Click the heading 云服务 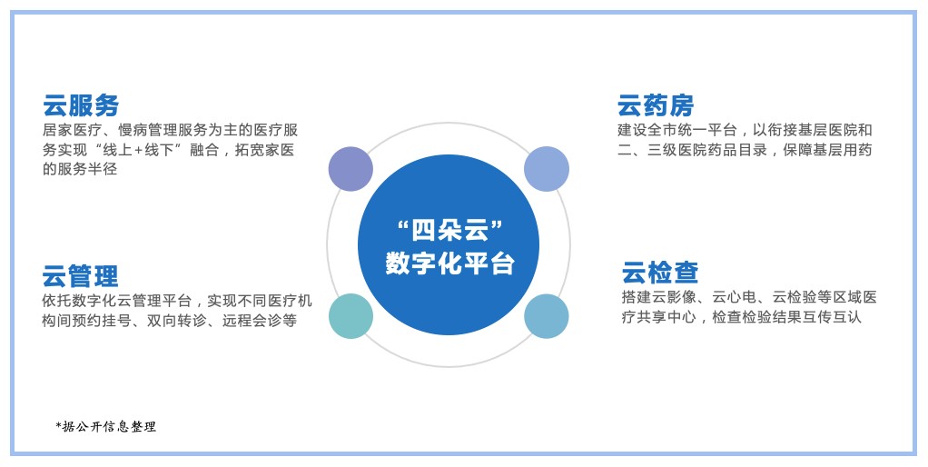click(x=81, y=105)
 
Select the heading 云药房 click(x=656, y=105)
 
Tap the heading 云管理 click(x=80, y=276)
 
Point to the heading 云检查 click(x=660, y=273)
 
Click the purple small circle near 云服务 click(x=351, y=169)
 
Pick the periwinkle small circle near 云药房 click(x=547, y=169)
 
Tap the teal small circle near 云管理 click(x=351, y=316)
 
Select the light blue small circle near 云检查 click(x=547, y=316)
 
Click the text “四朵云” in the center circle click(x=449, y=229)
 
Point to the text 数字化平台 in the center click(x=449, y=263)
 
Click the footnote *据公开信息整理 click(x=106, y=426)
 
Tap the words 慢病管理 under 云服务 click(x=147, y=130)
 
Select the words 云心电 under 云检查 click(x=735, y=297)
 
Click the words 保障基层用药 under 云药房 click(x=827, y=150)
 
